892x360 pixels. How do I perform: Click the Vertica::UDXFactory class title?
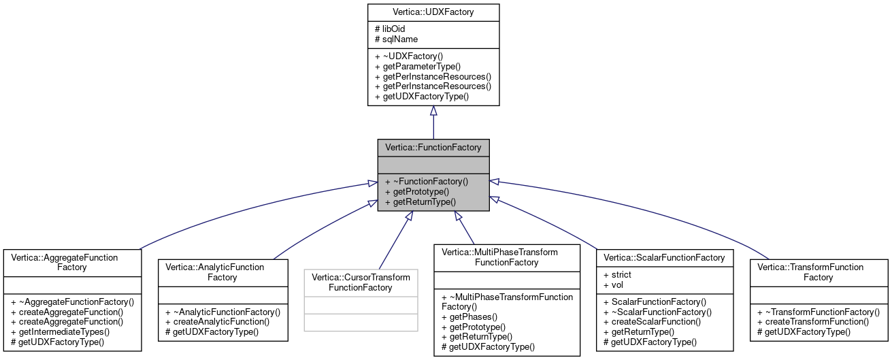click(433, 12)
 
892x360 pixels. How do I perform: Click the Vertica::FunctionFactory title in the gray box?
click(433, 147)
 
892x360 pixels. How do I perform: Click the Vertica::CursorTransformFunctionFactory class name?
click(361, 282)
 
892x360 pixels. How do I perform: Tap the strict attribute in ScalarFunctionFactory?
click(617, 274)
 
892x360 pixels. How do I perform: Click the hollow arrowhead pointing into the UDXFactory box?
click(433, 111)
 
